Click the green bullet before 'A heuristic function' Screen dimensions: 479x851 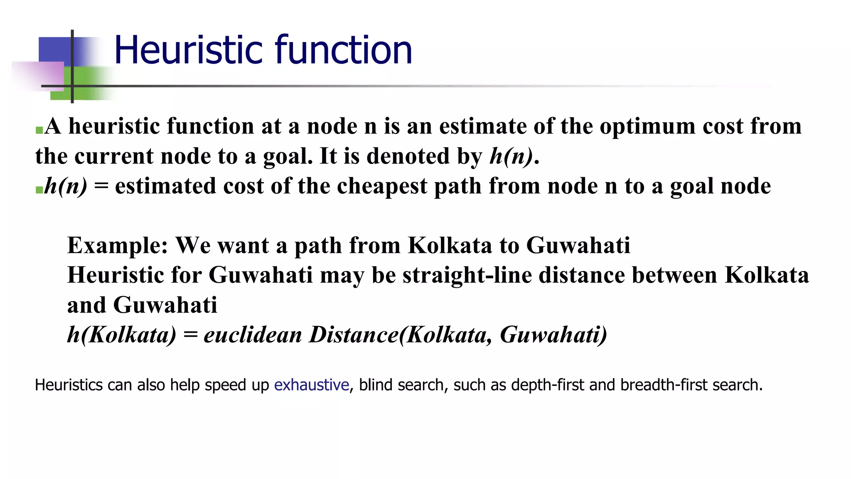[39, 131]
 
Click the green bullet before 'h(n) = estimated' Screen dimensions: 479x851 [39, 190]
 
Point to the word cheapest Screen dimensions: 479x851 [381, 186]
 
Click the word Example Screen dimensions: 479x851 [117, 245]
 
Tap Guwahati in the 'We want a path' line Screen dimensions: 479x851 [578, 245]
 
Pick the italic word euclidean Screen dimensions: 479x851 [253, 335]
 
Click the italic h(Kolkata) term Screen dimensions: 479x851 [122, 335]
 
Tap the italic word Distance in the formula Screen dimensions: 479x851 [354, 335]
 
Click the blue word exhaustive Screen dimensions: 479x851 [311, 385]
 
